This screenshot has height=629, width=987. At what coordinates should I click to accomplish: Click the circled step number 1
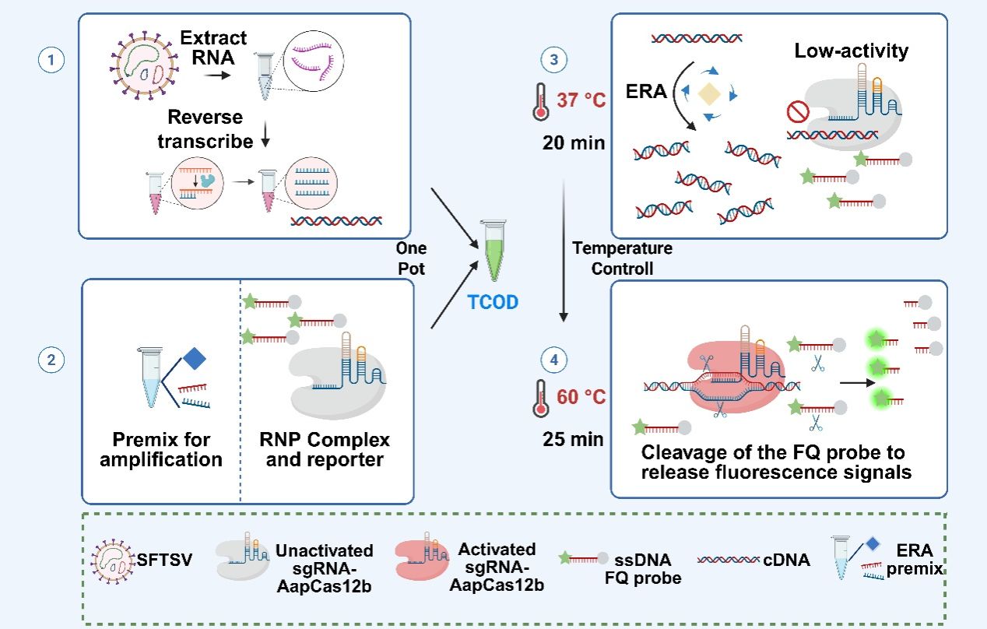pos(51,61)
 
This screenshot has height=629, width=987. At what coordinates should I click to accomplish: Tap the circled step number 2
pos(51,360)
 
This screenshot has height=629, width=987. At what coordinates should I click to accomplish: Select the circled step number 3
pos(553,61)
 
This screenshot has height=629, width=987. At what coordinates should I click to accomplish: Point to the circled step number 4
pos(553,360)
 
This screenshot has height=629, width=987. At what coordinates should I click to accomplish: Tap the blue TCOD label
pos(493,301)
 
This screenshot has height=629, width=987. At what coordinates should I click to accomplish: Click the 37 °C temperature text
pos(581,100)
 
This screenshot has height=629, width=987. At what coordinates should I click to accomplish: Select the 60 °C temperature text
pos(581,398)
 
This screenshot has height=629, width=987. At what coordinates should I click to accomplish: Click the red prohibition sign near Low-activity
pos(799,113)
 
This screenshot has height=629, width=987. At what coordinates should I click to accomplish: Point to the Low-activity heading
pos(852,51)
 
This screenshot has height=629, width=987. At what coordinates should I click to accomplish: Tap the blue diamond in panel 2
pos(195,359)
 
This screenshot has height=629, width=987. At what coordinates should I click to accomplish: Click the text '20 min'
pos(574,142)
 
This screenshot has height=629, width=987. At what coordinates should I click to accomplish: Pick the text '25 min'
pos(573,440)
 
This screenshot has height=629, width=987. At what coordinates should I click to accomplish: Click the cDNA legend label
pos(788,559)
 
